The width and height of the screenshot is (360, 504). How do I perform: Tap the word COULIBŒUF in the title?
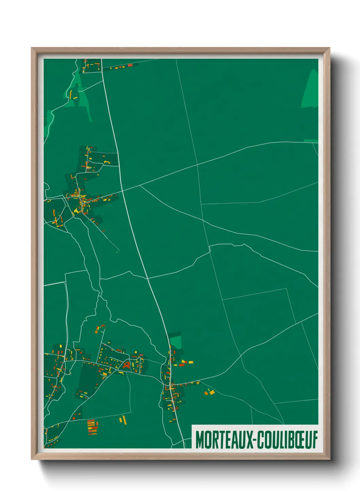pos(287,440)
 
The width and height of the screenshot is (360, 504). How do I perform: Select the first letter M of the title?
pos(200,440)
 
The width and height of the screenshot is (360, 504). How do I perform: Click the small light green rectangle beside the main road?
pos(176,342)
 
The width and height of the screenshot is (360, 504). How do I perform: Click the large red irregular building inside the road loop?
pos(126,365)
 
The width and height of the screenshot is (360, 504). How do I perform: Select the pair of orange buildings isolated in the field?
pos(209,392)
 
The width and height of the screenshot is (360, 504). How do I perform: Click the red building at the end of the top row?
pos(130,65)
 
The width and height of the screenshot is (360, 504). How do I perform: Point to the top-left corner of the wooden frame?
pos(32,48)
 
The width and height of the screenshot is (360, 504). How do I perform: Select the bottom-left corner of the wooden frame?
pos(32,459)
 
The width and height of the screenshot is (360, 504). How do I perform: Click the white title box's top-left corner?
pos(192,425)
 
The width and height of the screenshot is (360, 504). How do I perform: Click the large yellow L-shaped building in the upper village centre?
pos(77,211)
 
